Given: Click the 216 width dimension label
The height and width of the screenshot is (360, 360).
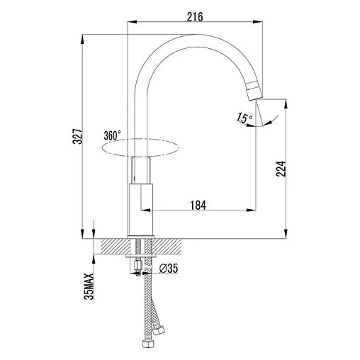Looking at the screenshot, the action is coord(195,17).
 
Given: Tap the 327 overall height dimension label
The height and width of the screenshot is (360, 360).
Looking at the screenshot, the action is coord(77,136).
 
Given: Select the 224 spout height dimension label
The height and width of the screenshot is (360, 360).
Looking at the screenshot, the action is coord(281,169).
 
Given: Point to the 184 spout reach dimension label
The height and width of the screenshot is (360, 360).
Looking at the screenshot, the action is coord(198,205).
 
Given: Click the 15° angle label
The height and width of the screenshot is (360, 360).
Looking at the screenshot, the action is coord(244,118).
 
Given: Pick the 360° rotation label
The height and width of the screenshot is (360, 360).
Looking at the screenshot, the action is coord(112,135).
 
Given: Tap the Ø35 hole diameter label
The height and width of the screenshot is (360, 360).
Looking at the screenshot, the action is coord(168,269).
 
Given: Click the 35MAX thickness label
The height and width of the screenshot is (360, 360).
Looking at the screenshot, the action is coord(89,286).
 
